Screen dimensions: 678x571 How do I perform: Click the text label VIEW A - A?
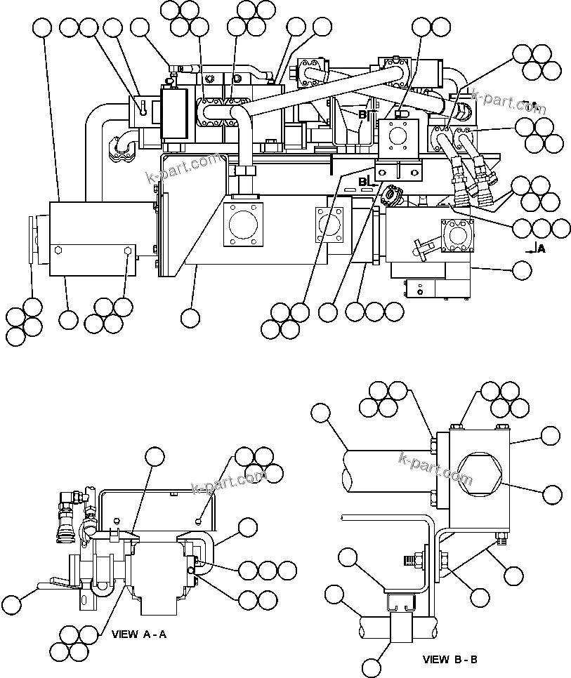coord(139,634)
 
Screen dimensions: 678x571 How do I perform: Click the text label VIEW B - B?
coord(450,660)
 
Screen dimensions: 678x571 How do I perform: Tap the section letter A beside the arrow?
coord(541,248)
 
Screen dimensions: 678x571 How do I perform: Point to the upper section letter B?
coord(362,114)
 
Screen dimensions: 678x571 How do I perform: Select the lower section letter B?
coord(362,182)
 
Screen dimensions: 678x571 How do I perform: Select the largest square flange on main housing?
coord(243,225)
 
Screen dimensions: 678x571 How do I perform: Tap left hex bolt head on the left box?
coord(58,250)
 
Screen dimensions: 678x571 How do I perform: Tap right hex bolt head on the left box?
coord(126,250)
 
